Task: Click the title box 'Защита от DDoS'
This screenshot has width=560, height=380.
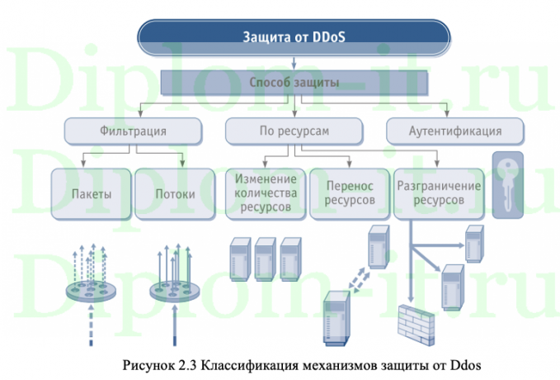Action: coord(294,36)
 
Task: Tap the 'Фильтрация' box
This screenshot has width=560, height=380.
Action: coord(133,131)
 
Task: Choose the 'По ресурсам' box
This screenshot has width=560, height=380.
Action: coord(294,131)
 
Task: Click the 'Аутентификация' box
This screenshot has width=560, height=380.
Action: coord(455,131)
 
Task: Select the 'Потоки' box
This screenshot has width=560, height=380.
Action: coord(175,195)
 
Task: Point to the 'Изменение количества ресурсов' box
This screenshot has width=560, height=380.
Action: coord(264,194)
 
